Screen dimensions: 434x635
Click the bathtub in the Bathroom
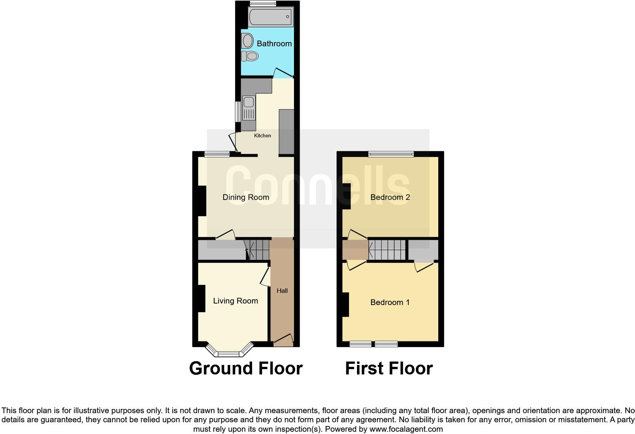tap(270, 17)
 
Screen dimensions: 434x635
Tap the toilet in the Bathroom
tap(250, 56)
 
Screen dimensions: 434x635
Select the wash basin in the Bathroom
tap(248, 41)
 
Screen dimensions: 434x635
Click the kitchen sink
tap(249, 102)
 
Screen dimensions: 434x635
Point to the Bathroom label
tap(274, 44)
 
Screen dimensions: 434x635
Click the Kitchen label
tap(262, 135)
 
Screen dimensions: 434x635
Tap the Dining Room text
tap(246, 197)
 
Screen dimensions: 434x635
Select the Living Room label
tap(235, 301)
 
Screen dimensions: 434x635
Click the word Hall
tap(282, 291)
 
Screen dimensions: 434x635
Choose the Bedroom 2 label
tap(390, 197)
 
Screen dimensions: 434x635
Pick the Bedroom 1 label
tap(390, 302)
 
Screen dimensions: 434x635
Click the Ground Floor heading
tap(246, 368)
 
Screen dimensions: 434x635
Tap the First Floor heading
tap(389, 368)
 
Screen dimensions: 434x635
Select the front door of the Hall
tap(283, 340)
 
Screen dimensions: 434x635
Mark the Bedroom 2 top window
tap(391, 154)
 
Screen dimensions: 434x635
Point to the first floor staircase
tap(387, 250)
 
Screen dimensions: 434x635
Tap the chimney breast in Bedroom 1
tap(345, 305)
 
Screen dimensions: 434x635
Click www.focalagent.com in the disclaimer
tap(406, 429)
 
